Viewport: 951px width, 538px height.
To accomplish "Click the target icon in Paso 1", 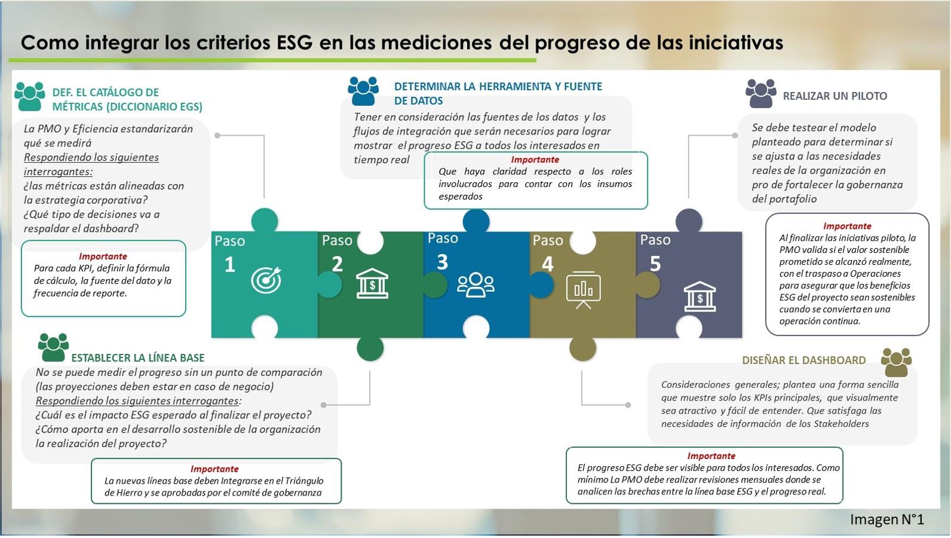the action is (266, 280).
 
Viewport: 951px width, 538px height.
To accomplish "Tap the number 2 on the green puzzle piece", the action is (337, 264).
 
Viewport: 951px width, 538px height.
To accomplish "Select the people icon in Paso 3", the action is (476, 285).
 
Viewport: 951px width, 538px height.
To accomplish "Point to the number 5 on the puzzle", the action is (655, 264).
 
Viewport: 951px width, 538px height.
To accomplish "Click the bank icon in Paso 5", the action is (700, 296).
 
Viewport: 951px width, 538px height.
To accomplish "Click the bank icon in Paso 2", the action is (372, 283).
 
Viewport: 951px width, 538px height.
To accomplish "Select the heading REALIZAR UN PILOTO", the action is (835, 96).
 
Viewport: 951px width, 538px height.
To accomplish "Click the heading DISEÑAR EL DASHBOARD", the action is (803, 360).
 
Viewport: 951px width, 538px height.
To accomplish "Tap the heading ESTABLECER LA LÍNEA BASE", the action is (137, 358).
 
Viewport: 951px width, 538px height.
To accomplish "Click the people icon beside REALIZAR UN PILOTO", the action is (761, 93).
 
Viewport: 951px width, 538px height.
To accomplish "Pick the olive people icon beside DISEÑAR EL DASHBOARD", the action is (896, 362).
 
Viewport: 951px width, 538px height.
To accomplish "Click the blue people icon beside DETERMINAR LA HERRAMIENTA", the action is (363, 91).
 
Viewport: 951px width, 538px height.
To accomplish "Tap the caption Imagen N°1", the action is (887, 519).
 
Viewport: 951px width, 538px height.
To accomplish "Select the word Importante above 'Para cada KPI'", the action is (103, 256).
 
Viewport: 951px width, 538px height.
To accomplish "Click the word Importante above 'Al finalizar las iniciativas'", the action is (847, 226).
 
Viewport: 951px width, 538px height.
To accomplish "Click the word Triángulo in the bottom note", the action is (305, 481).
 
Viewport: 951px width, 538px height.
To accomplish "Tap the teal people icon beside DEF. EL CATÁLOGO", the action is (30, 96).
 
